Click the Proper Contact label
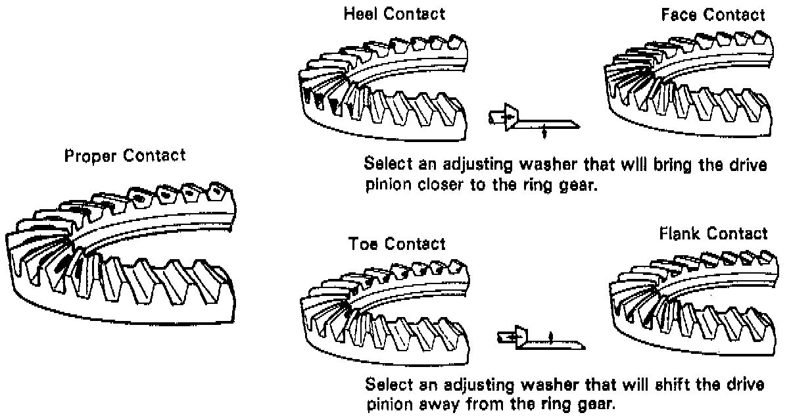(x=125, y=157)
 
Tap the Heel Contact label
(x=394, y=13)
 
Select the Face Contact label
(x=713, y=14)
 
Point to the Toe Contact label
(x=396, y=244)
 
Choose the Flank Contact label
(x=712, y=233)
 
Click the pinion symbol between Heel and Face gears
(x=533, y=120)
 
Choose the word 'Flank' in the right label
(x=681, y=233)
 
